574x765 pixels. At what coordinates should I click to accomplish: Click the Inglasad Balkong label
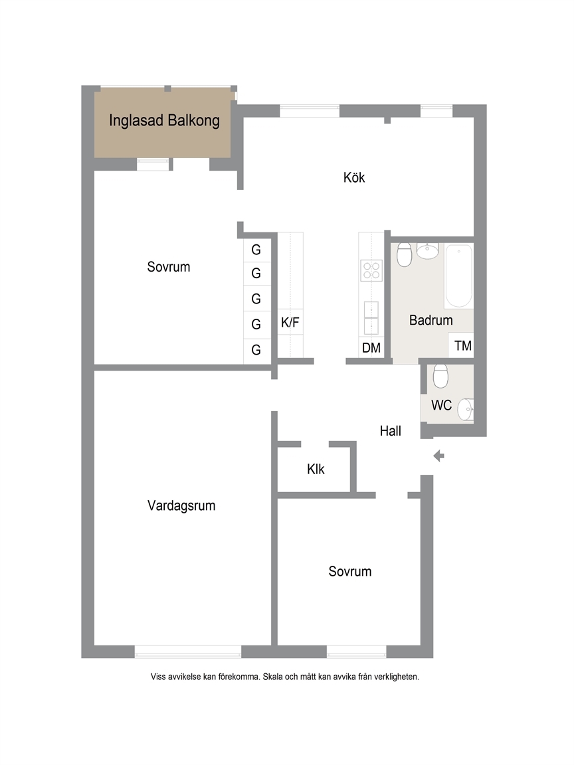pos(164,120)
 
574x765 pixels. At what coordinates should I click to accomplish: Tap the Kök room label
pos(354,177)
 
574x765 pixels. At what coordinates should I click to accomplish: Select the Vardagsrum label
pos(181,505)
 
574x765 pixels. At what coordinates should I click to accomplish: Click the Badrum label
pos(431,320)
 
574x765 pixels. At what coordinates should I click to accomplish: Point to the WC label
pos(441,405)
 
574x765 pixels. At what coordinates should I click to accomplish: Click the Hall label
pos(391,431)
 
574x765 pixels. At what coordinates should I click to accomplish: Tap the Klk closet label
pos(316,469)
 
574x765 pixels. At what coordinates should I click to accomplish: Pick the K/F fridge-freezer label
pos(290,323)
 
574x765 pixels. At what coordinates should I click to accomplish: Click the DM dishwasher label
pos(371,348)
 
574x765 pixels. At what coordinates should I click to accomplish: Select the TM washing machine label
pos(462,346)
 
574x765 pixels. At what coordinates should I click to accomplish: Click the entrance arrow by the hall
pos(438,456)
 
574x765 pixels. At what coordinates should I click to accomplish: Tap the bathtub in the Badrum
pos(459,276)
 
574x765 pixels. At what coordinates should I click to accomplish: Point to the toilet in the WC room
pos(440,376)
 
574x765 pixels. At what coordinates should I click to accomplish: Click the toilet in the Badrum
pos(404,255)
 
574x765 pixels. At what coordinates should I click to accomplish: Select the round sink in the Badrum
pos(428,251)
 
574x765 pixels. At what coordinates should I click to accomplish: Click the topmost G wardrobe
pos(256,250)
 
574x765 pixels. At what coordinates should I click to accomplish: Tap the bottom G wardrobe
pos(256,350)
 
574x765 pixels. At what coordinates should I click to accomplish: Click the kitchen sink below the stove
pos(371,317)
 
